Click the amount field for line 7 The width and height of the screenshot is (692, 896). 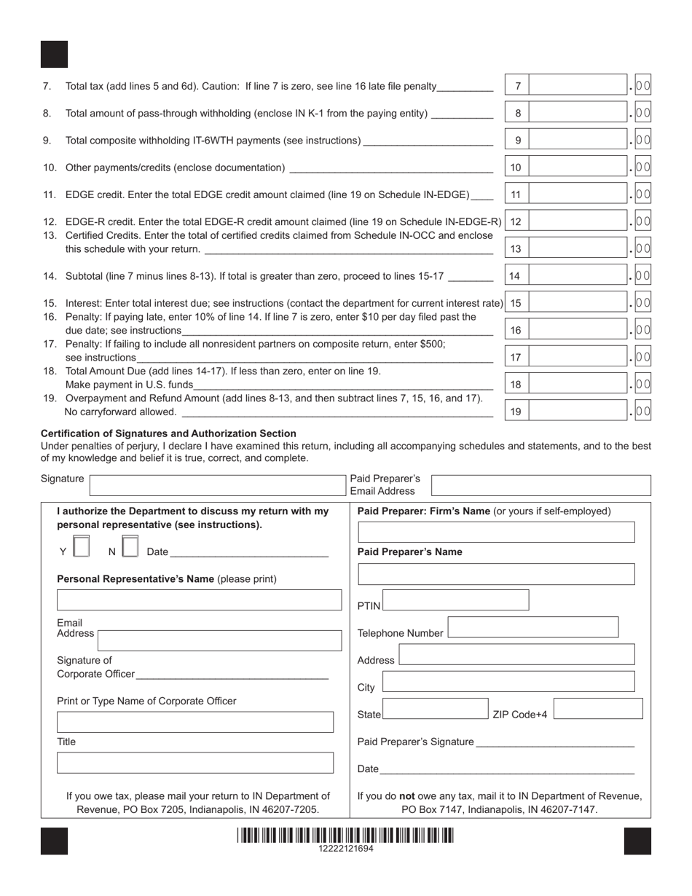578,86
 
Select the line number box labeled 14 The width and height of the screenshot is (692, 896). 516,276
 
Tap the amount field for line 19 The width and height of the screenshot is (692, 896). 578,412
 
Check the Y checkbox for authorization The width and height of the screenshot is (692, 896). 82,546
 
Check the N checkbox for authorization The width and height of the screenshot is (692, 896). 130,546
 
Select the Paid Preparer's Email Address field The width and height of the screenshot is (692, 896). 540,486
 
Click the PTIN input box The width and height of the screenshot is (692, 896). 456,600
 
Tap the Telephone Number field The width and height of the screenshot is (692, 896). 532,627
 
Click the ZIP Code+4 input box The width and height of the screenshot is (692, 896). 598,709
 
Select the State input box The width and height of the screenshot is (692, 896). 435,709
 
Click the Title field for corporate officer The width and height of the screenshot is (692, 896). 195,763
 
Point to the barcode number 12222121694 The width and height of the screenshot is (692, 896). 346,849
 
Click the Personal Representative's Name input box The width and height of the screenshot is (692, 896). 199,600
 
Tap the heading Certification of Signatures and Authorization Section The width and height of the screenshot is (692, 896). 168,433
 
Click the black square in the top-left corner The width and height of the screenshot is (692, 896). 54,55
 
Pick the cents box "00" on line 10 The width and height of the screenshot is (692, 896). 642,168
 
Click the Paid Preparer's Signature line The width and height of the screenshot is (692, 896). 555,742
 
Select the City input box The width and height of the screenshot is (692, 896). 508,682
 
